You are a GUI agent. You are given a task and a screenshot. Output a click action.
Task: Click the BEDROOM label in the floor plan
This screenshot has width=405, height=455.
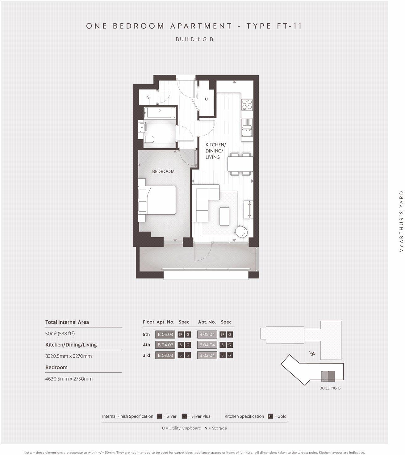tap(163, 171)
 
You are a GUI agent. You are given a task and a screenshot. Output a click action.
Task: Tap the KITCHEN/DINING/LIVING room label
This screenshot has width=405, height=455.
tap(215, 151)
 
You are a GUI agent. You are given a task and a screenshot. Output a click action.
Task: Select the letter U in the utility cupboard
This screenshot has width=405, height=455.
tap(206, 99)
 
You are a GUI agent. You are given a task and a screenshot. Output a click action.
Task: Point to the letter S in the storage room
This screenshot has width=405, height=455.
tap(148, 97)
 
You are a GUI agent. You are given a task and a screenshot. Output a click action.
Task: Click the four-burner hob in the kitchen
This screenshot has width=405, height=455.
tap(247, 104)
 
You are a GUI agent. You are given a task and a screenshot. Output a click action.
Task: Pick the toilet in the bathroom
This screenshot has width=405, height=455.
tap(148, 139)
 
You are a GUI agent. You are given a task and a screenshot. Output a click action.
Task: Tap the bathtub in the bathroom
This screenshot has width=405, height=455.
tap(159, 113)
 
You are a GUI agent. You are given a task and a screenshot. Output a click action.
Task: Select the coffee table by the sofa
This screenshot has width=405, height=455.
tap(224, 216)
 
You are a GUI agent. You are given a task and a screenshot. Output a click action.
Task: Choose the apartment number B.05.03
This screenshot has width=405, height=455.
tap(165, 334)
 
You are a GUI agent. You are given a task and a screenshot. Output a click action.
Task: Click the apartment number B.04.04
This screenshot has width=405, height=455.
tap(207, 345)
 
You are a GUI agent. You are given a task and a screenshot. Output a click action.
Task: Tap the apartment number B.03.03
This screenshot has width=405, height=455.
tap(165, 355)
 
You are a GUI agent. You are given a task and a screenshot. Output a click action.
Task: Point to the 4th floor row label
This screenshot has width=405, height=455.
tap(146, 345)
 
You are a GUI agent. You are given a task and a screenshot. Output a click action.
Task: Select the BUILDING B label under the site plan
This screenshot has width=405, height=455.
tap(330, 388)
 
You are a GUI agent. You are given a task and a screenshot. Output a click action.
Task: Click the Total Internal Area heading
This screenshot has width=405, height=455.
tap(67, 322)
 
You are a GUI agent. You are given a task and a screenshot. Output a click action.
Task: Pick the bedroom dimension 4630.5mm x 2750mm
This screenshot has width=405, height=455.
tap(69, 379)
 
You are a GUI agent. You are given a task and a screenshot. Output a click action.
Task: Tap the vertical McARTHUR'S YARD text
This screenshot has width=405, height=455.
tap(401, 221)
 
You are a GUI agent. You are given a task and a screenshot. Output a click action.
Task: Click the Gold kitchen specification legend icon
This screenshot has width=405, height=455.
tap(270, 416)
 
